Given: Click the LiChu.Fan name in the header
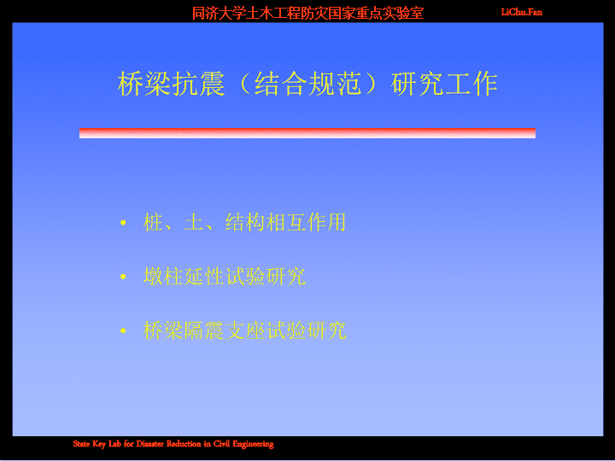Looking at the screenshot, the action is coord(522,12).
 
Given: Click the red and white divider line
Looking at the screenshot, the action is coord(307,133).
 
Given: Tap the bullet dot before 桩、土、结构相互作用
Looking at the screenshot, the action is coord(123,223).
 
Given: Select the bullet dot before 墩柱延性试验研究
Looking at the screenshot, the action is coord(123,277).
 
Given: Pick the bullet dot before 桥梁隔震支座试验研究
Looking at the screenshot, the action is coord(123,331).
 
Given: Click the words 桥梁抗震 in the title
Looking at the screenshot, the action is coord(172,84).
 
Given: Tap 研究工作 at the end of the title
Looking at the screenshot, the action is coord(444,84).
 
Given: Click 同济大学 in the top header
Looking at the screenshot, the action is coord(219,14).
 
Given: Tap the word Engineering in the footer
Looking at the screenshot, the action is coord(253,445).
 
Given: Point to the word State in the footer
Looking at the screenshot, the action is coord(82,444).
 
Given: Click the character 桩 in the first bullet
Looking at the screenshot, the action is coord(154,222).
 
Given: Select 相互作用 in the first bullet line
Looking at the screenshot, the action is coord(307,222).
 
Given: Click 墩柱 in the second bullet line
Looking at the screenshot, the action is coord(163,277).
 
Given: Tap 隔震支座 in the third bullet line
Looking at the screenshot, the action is coord(225,330).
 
